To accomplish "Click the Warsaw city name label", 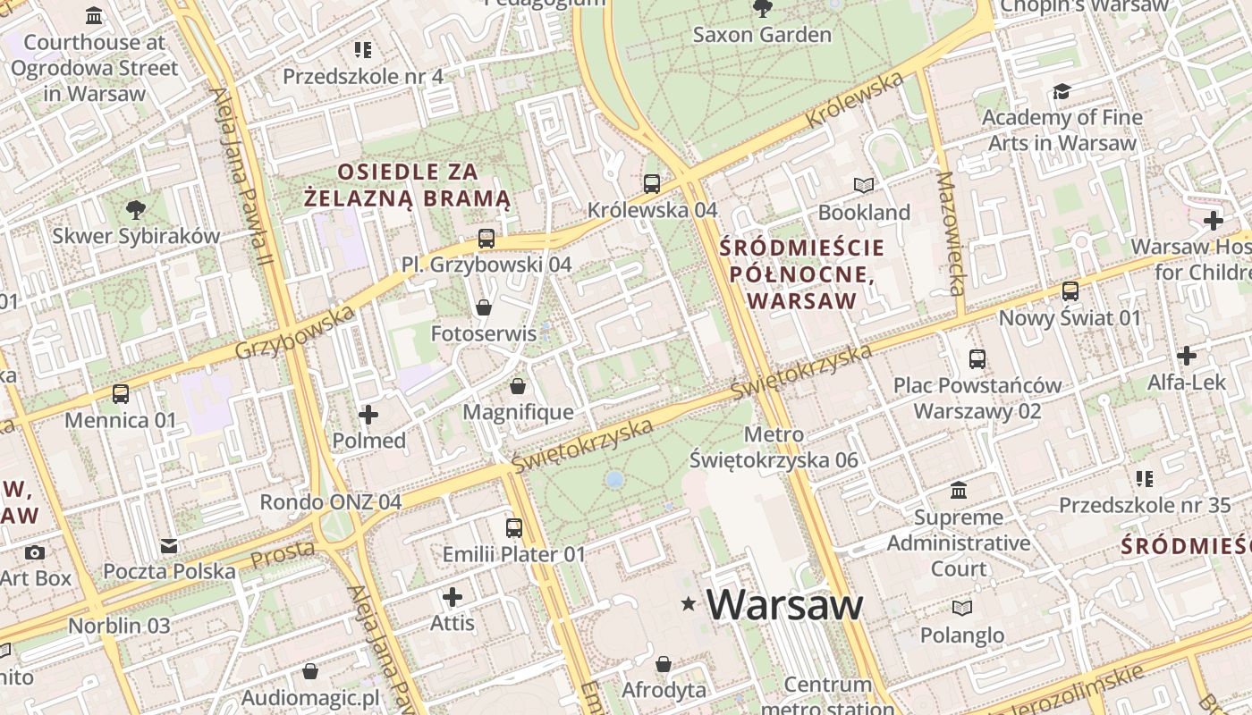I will [x=784, y=605].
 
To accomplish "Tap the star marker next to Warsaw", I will [x=689, y=605].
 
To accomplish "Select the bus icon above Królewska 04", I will [x=652, y=184].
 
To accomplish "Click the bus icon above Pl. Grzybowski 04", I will [x=486, y=239].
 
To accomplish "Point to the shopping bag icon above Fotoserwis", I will [x=484, y=307].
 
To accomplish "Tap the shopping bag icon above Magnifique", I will [x=517, y=386].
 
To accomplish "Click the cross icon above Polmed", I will [x=368, y=415].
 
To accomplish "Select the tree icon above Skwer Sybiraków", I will [x=135, y=210].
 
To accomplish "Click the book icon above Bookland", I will [x=863, y=186].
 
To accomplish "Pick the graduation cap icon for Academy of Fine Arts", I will [x=1062, y=91].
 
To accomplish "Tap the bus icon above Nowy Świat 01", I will [x=1070, y=291].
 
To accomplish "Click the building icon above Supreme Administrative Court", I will [x=959, y=491].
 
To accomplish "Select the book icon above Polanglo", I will [x=961, y=609].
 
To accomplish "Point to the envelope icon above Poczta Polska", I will [x=169, y=546].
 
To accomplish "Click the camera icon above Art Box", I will [x=35, y=552].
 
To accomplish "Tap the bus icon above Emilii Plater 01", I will [x=513, y=528].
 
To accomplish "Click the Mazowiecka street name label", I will [x=950, y=232].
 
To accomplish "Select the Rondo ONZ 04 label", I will [x=330, y=501].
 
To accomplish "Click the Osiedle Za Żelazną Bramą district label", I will [x=407, y=185].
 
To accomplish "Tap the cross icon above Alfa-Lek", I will [x=1187, y=356].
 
